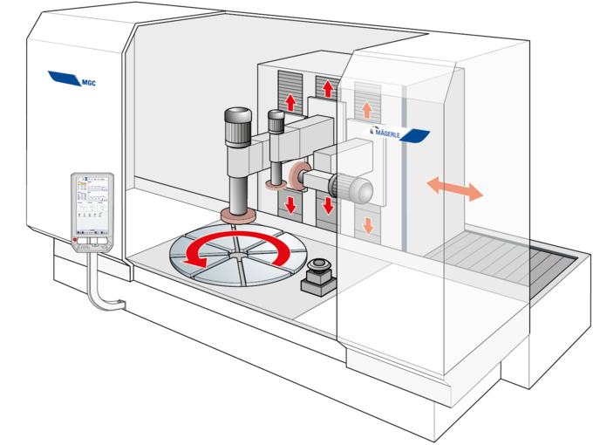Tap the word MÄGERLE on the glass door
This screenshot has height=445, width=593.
point(386,133)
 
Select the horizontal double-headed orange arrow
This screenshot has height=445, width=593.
point(453,188)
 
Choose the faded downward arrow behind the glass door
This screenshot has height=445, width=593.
point(367,224)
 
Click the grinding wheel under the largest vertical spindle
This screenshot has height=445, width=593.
point(236,214)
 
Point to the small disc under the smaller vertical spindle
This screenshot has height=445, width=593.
point(276,185)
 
